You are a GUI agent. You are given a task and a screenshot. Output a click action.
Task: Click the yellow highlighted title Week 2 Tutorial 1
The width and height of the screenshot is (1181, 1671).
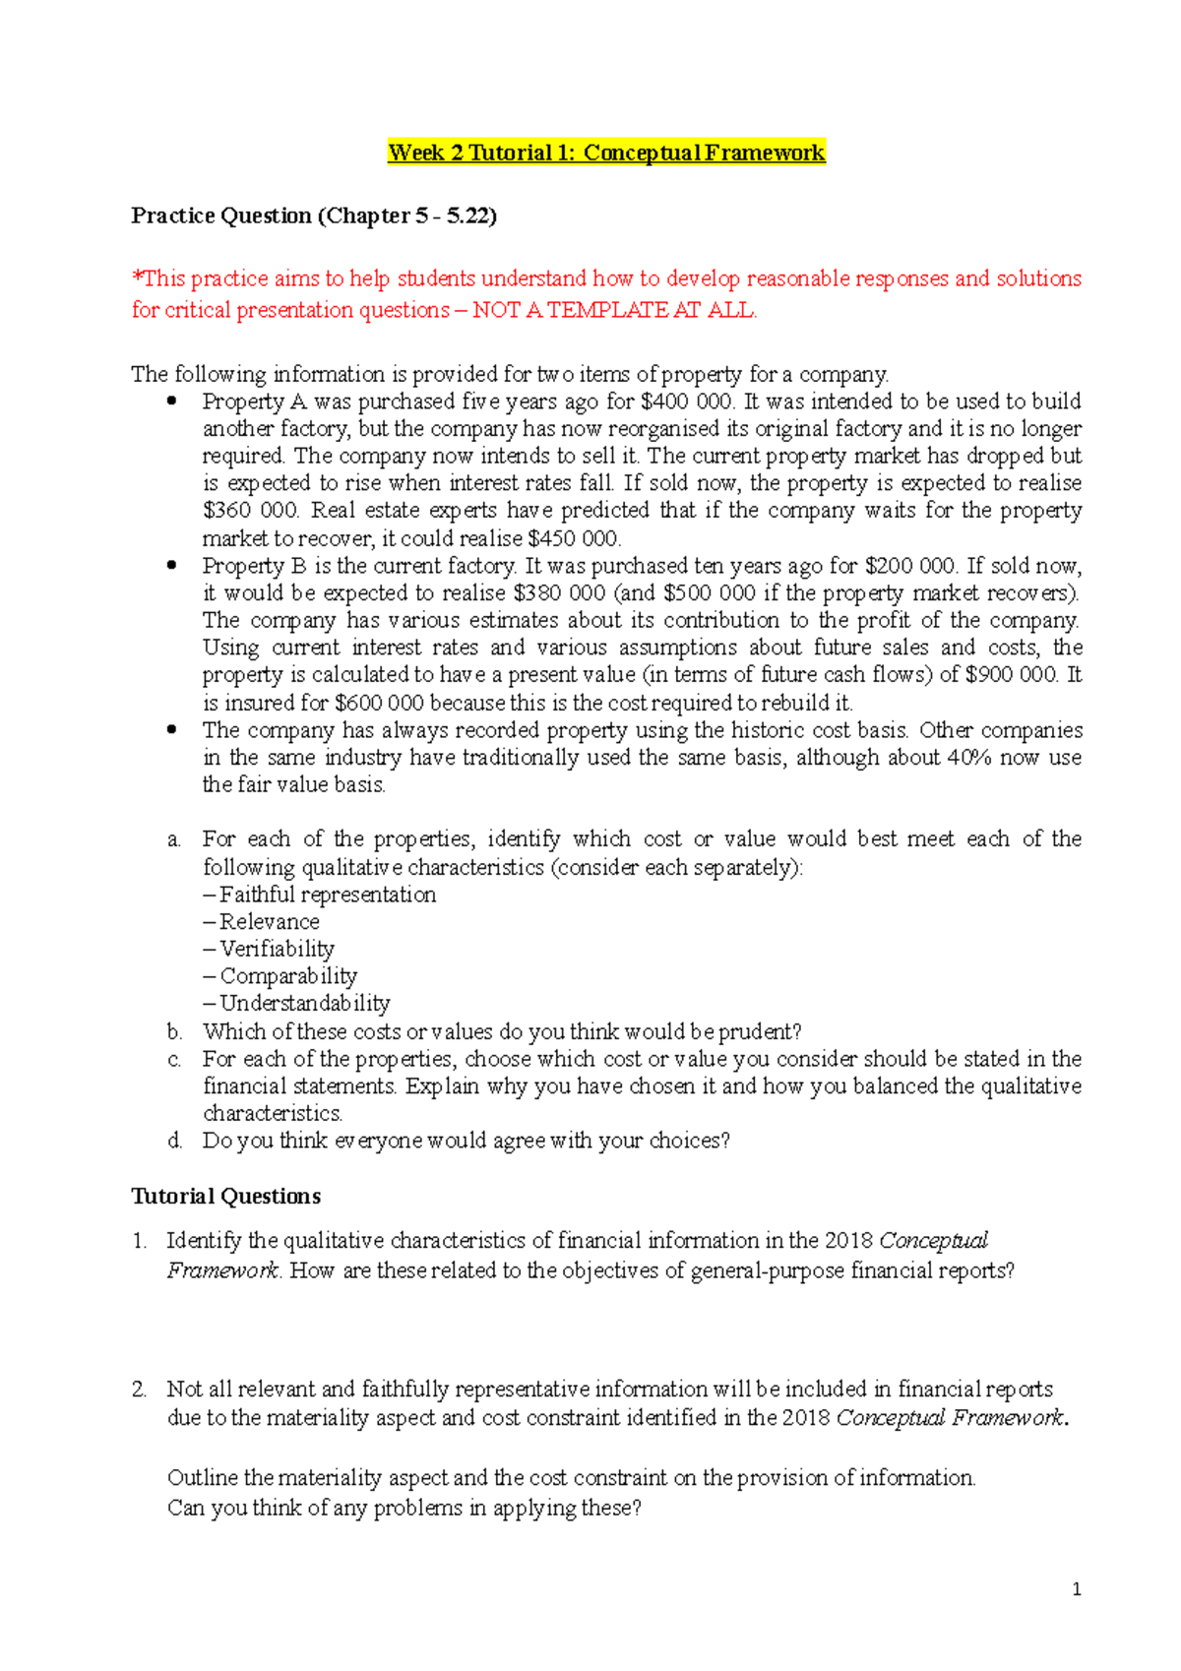click(606, 153)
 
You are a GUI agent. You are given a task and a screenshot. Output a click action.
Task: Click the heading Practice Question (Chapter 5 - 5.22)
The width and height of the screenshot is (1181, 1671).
click(314, 216)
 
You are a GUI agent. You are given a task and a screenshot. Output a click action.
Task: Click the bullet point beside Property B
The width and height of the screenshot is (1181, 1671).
click(172, 565)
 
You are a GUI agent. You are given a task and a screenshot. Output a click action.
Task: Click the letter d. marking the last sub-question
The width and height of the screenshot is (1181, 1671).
click(174, 1141)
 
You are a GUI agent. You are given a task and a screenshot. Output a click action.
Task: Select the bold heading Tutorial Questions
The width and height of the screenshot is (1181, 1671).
click(226, 1196)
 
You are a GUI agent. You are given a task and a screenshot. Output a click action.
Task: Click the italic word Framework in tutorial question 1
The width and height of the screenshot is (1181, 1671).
click(223, 1270)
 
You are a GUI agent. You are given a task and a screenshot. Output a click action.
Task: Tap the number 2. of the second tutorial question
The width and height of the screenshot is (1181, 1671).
click(139, 1390)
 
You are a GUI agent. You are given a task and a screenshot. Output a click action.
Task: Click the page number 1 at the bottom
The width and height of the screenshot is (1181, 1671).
click(1077, 1589)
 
